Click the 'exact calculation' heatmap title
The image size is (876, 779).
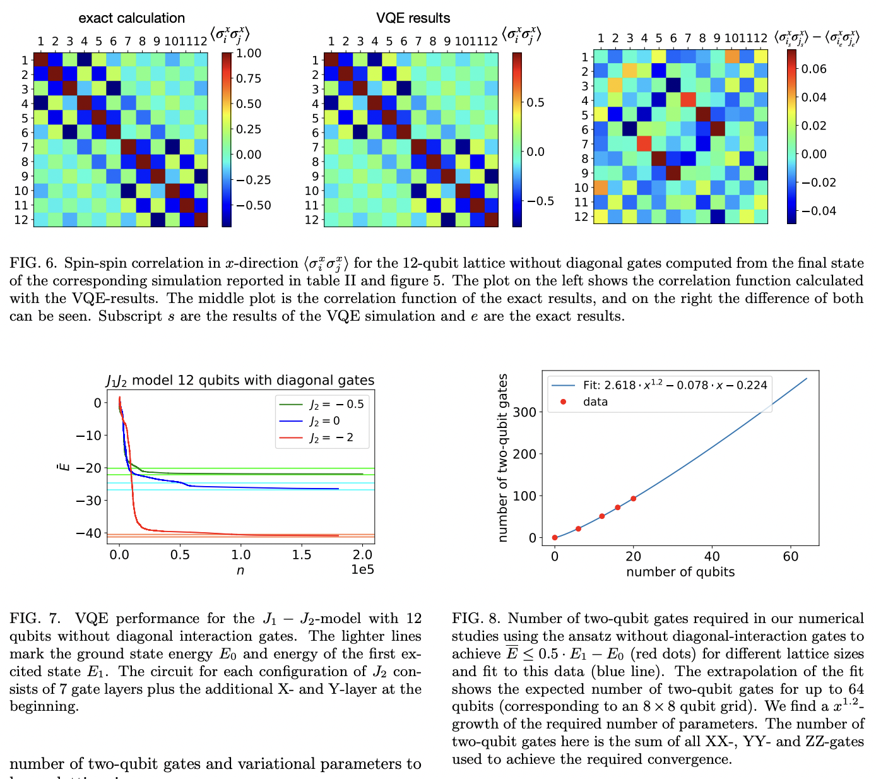132,18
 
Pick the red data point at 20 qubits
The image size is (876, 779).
633,499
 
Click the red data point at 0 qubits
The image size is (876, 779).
555,538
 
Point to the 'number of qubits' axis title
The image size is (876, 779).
680,572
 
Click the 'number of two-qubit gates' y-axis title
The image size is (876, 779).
503,458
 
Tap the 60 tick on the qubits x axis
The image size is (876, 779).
790,556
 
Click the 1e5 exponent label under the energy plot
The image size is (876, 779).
362,570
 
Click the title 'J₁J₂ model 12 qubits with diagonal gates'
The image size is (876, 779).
240,380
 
